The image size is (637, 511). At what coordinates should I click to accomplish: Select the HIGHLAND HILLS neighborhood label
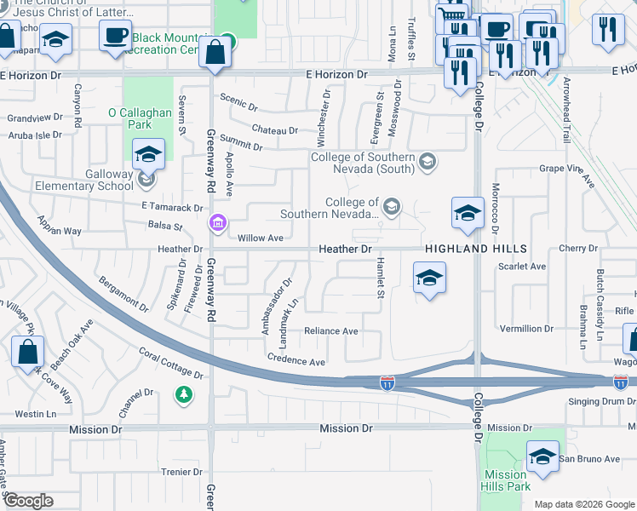pos(476,249)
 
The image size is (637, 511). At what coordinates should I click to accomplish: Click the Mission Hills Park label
pos(506,480)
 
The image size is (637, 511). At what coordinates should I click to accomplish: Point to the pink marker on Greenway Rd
pos(218,224)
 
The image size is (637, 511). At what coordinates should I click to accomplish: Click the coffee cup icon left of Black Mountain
pos(115,35)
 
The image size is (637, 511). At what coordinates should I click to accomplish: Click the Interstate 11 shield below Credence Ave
pos(387,384)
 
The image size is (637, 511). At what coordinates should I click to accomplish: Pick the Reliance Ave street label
pos(331,331)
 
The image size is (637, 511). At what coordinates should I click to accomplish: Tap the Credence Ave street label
pos(296,361)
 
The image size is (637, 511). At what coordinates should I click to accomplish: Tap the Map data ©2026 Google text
pos(584,504)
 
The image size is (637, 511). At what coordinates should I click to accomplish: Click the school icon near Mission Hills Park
pos(542,457)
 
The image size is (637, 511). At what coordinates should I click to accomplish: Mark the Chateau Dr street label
pos(275,130)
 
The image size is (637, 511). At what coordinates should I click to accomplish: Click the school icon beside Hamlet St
pos(429,278)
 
